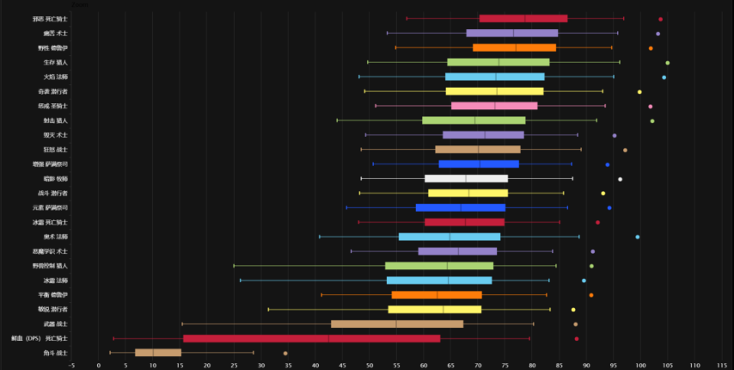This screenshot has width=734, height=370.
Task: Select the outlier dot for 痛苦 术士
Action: click(x=658, y=34)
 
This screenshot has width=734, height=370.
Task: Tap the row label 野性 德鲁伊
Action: click(x=50, y=48)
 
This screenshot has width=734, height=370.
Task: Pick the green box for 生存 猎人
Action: click(x=499, y=62)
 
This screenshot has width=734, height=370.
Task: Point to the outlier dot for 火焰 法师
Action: click(x=664, y=77)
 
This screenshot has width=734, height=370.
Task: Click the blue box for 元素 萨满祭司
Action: click(x=461, y=207)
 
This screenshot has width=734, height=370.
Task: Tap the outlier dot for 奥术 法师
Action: click(x=638, y=237)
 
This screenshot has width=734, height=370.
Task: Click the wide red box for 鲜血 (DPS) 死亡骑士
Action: click(x=311, y=338)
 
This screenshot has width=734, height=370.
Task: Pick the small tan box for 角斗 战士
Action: click(x=158, y=353)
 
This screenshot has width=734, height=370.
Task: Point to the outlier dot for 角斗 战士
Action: click(x=286, y=353)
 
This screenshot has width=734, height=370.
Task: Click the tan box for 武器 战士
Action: click(x=397, y=324)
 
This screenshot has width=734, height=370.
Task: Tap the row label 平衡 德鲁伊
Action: click(x=50, y=295)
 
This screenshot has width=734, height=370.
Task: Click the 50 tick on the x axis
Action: click(x=370, y=365)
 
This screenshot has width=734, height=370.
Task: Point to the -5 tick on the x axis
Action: click(x=71, y=365)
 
